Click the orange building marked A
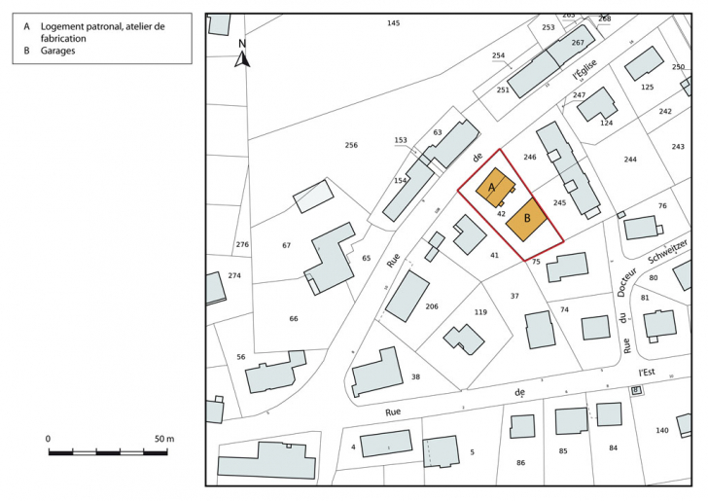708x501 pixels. click(493, 187)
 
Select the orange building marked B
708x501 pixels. click(527, 220)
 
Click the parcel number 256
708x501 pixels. click(351, 145)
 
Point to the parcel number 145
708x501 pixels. click(393, 22)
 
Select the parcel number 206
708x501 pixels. click(432, 306)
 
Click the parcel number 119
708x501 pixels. click(480, 312)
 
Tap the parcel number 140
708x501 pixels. click(662, 429)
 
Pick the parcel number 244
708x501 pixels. click(630, 159)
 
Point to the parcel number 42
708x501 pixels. click(501, 212)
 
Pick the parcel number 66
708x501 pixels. click(294, 318)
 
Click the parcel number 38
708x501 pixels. click(415, 376)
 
